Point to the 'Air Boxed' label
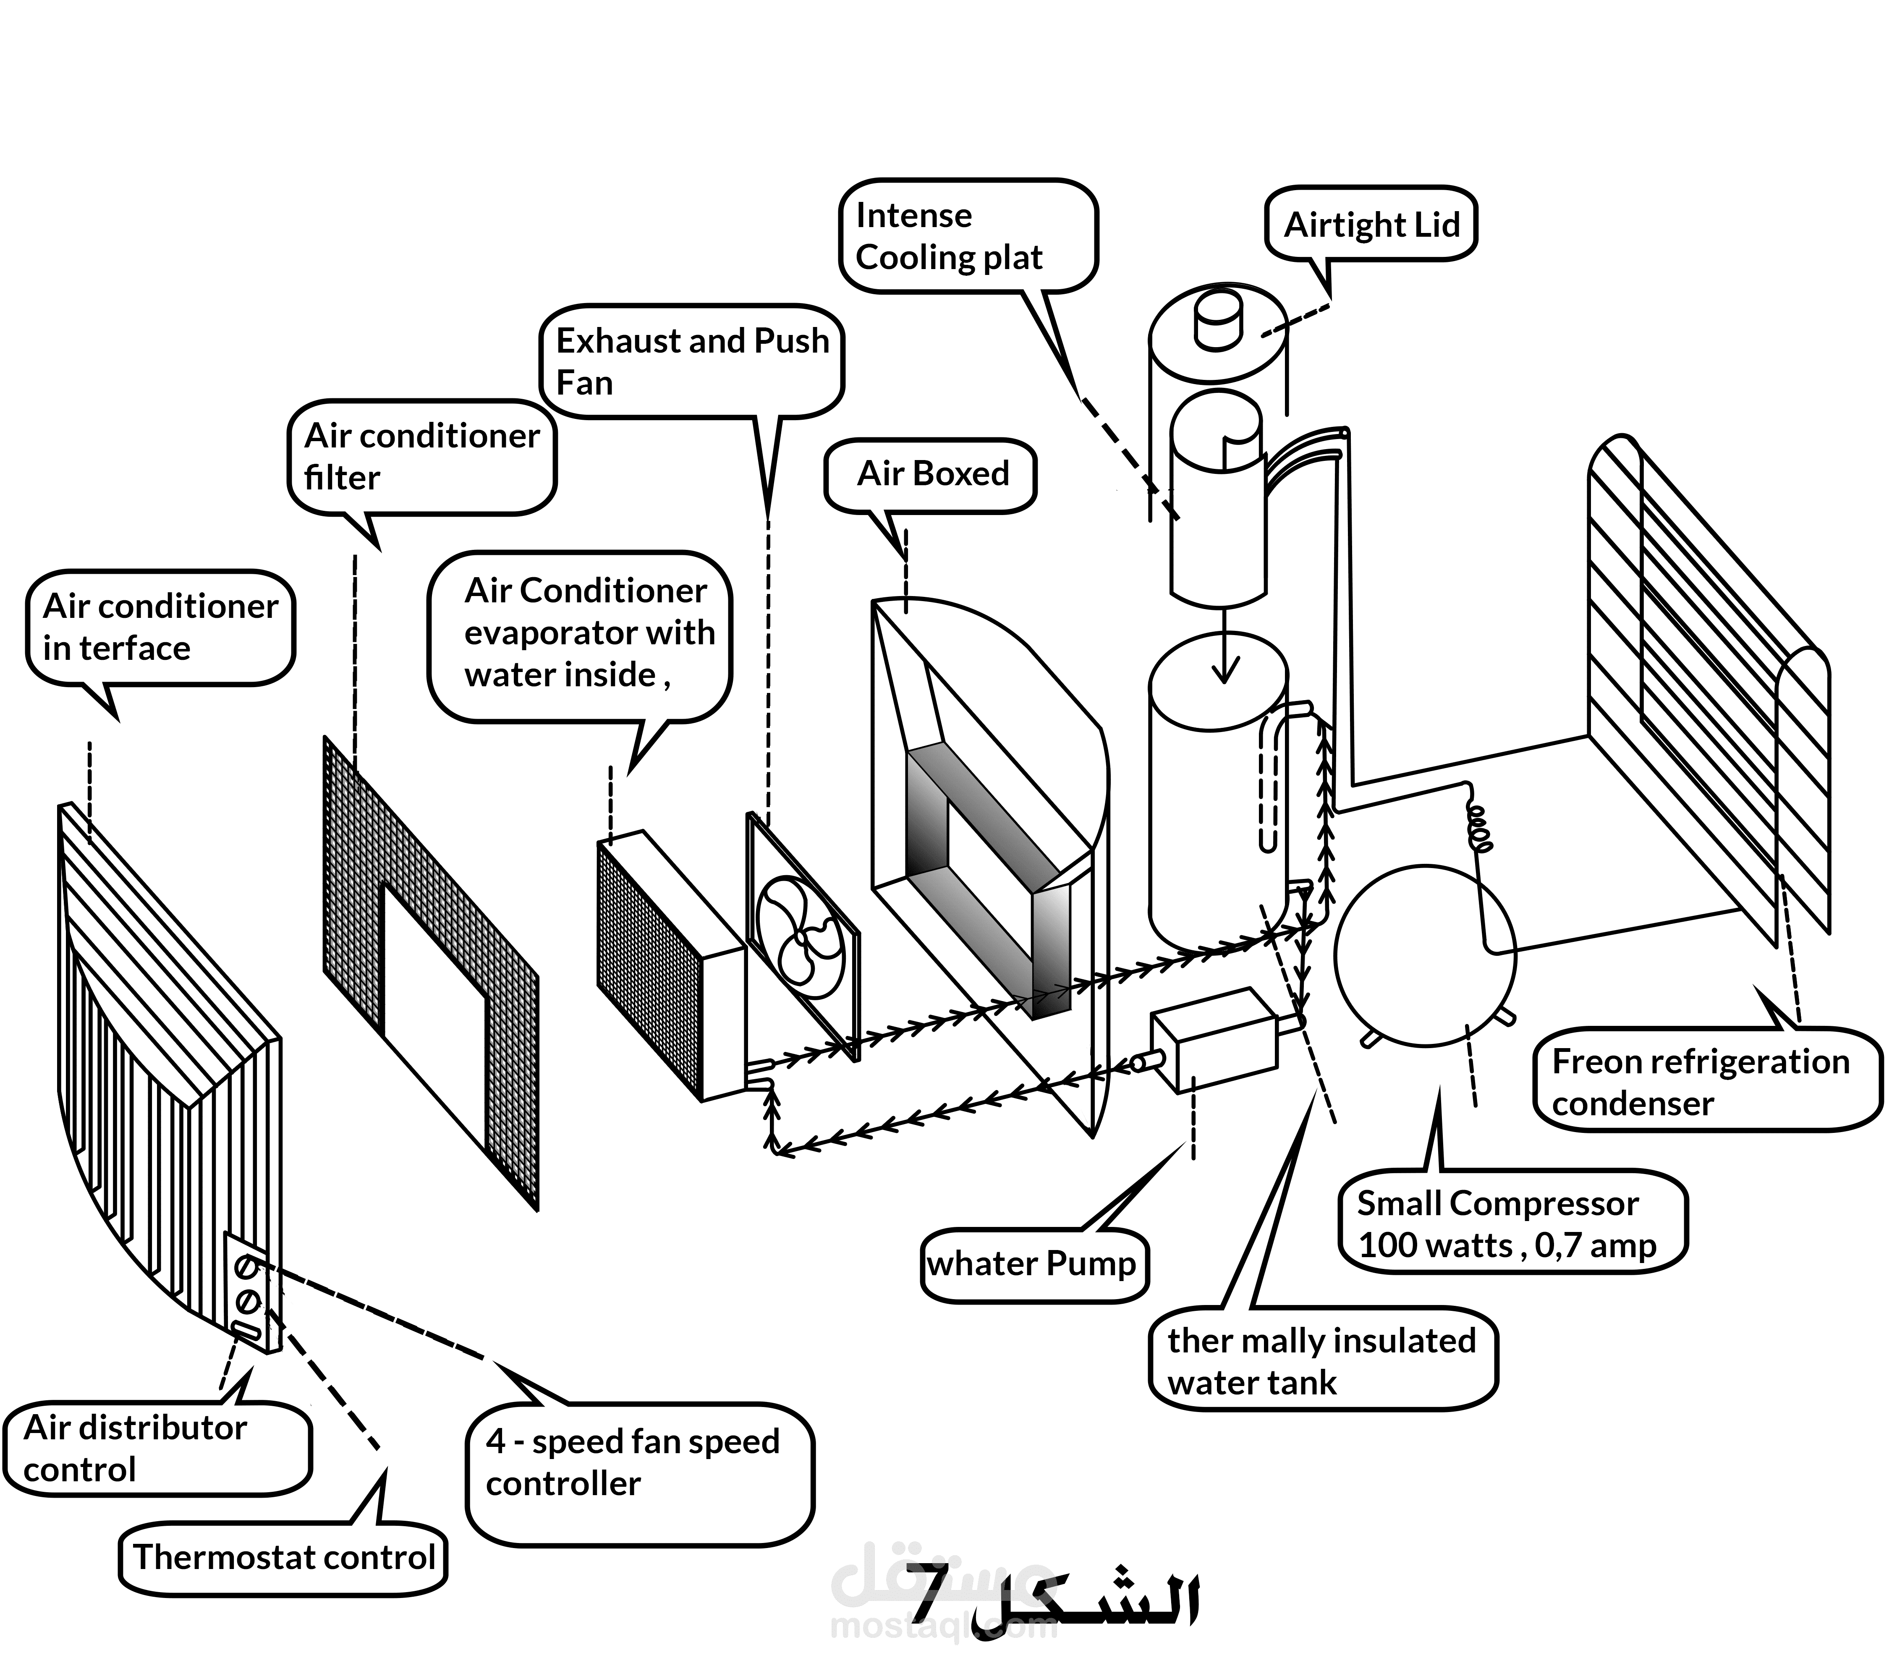click(931, 474)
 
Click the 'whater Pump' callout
click(1033, 1263)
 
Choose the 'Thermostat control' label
click(283, 1557)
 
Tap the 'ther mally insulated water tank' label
click(1321, 1360)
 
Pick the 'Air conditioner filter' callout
click(421, 457)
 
